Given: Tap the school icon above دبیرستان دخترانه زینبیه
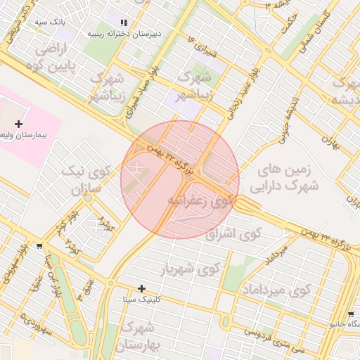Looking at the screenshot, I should [125, 22].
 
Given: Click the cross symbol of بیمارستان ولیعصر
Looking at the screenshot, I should [18, 124].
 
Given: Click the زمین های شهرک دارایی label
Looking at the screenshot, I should [289, 178].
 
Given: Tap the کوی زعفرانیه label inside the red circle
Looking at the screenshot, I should [200, 201].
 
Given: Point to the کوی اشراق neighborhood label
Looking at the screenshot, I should [233, 234].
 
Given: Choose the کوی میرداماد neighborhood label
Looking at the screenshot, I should [276, 290].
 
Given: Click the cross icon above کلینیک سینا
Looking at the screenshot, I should [142, 288].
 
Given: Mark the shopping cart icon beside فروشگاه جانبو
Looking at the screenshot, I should [351, 314].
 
